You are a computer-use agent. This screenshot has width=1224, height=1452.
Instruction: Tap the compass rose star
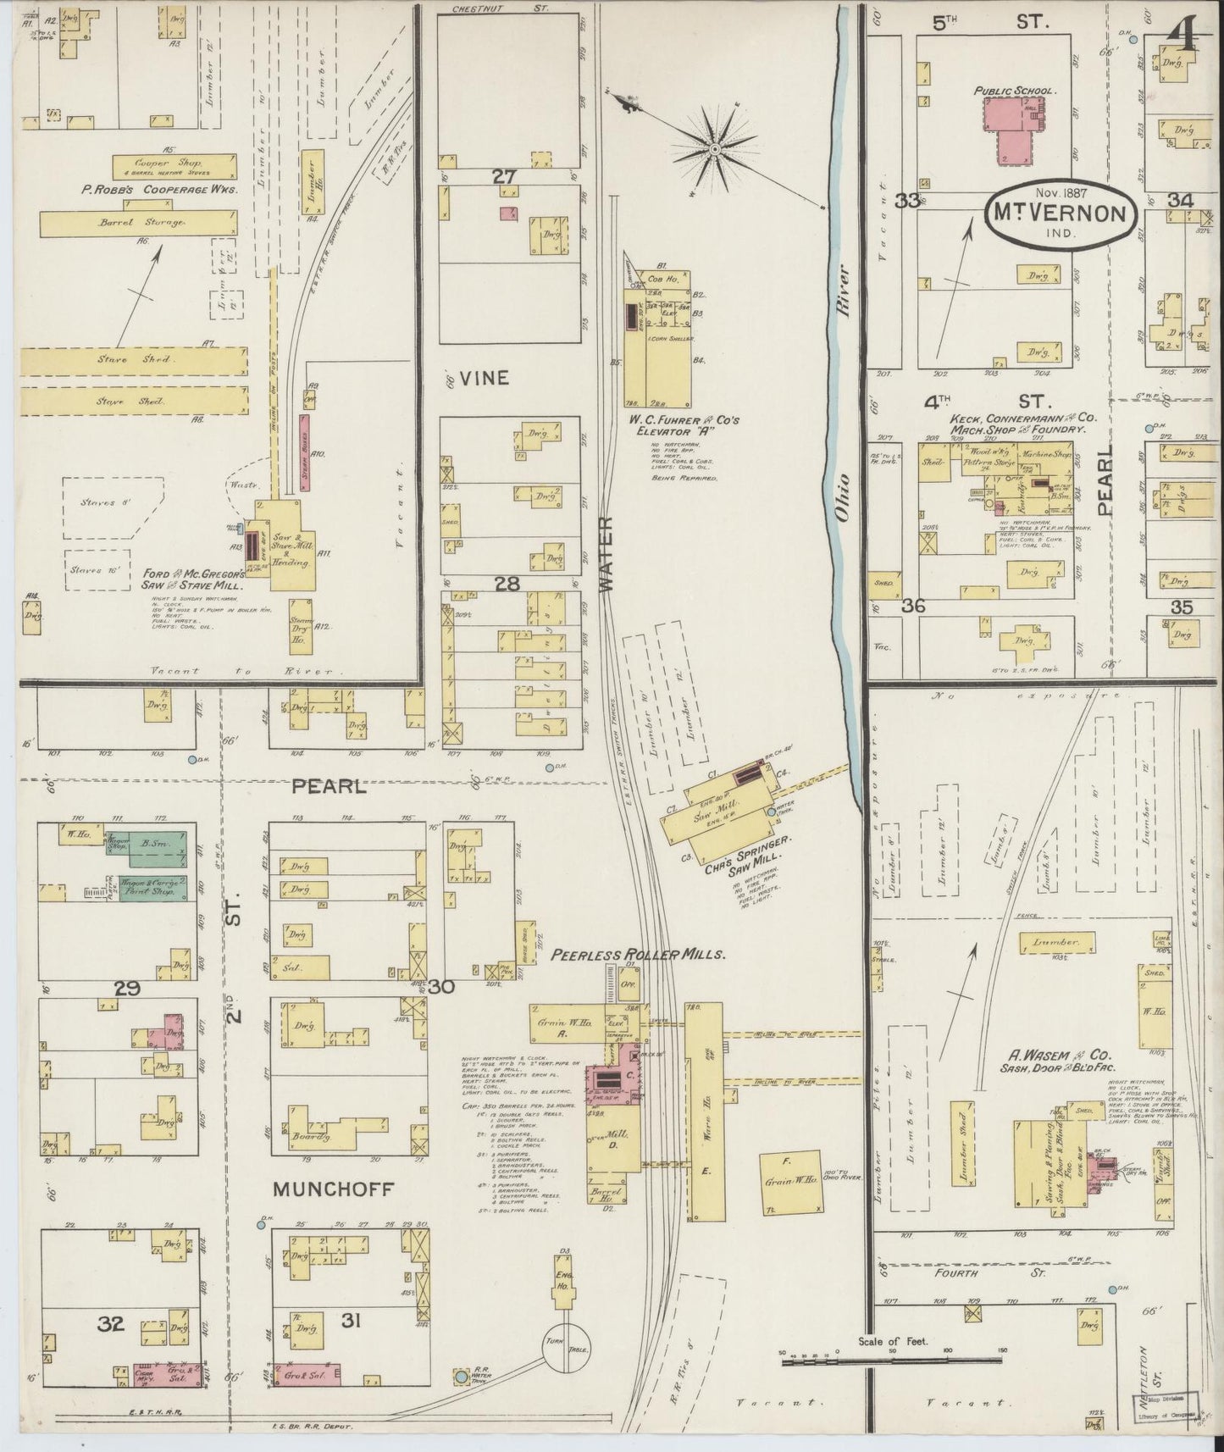[x=714, y=150]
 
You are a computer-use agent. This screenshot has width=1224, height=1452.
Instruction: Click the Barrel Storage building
[x=138, y=223]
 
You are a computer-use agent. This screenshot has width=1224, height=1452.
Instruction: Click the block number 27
[x=505, y=176]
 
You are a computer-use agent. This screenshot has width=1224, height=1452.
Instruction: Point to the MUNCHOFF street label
[x=333, y=1190]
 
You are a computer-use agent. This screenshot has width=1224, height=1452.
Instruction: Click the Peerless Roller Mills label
[x=639, y=954]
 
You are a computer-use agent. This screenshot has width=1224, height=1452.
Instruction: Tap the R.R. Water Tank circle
[x=461, y=1377]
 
